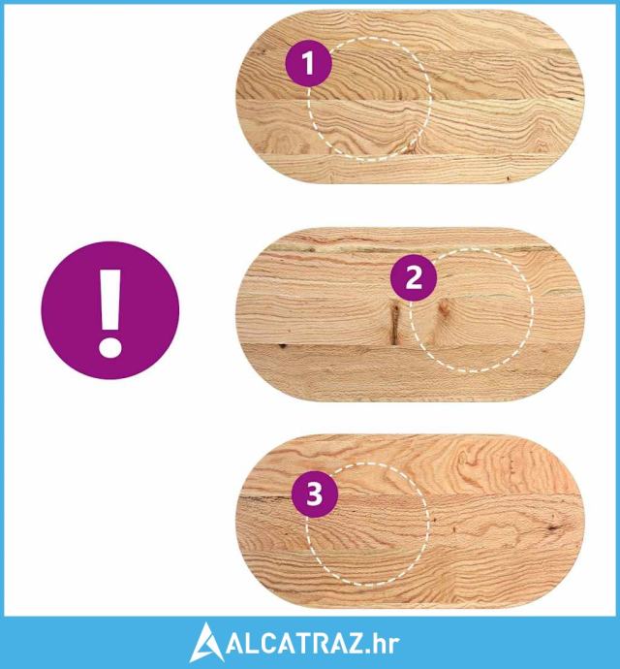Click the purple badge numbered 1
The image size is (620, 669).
click(x=308, y=64)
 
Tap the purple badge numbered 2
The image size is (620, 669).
click(x=414, y=277)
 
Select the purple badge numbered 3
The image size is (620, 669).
click(x=315, y=494)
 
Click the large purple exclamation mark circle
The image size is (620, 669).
click(x=110, y=310)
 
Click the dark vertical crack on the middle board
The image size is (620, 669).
click(x=394, y=323)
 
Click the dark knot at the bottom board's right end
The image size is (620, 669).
click(x=553, y=528)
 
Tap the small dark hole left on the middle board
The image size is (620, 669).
click(x=282, y=345)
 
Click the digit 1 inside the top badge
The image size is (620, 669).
click(x=308, y=64)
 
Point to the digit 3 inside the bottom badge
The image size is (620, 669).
click(x=315, y=494)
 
